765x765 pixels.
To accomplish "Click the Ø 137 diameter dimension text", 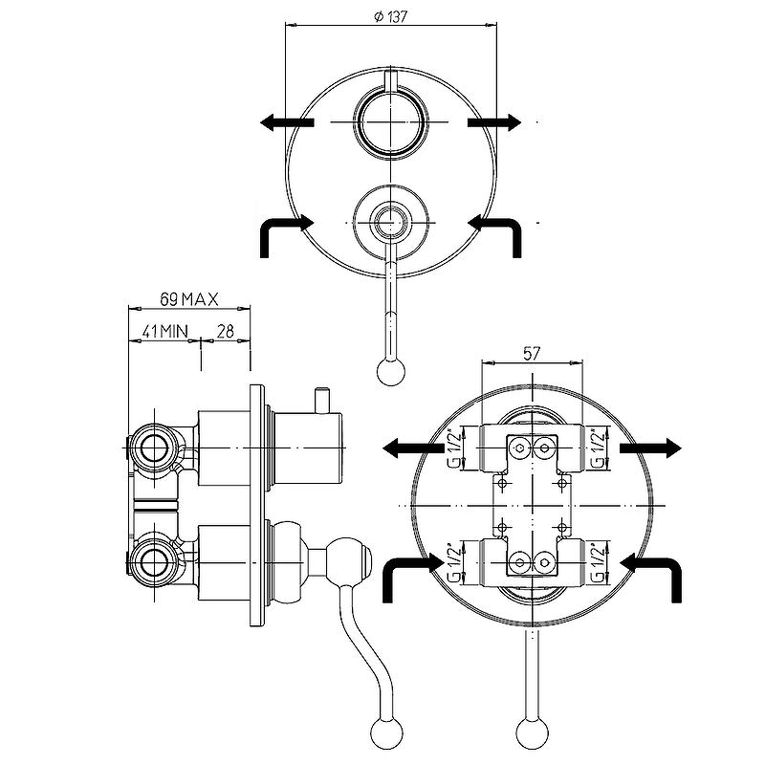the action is pos(390,16).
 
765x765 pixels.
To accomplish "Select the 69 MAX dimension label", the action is pos(188,299).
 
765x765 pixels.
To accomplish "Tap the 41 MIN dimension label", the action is pos(164,331).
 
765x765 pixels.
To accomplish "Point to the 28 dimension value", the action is pos(225,331).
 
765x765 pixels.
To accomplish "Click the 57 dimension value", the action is pos(532,353).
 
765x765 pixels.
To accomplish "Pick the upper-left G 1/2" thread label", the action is pos(453,448).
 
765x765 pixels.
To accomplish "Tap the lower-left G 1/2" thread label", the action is pos(453,562).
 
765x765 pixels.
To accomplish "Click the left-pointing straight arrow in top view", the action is pos(287,122).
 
